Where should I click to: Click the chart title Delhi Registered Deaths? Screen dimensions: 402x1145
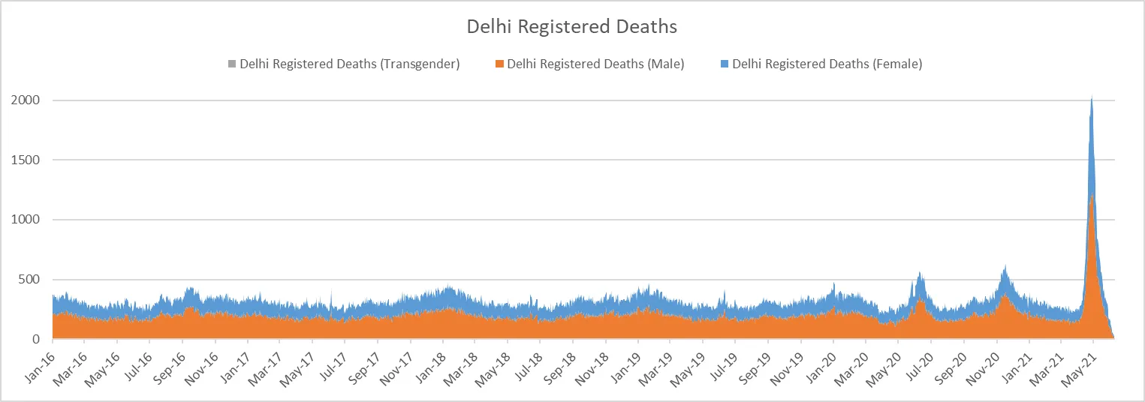[572, 27]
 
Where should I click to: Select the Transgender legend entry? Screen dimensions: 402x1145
[349, 64]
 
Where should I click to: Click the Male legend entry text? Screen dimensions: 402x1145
[595, 64]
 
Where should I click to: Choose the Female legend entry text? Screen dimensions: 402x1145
[827, 64]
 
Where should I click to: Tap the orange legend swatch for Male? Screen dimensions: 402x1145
[500, 64]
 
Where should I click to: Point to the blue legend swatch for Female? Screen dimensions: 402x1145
[725, 64]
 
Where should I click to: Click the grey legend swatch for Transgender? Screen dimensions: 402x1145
[233, 64]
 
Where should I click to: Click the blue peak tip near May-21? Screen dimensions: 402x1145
[1091, 97]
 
